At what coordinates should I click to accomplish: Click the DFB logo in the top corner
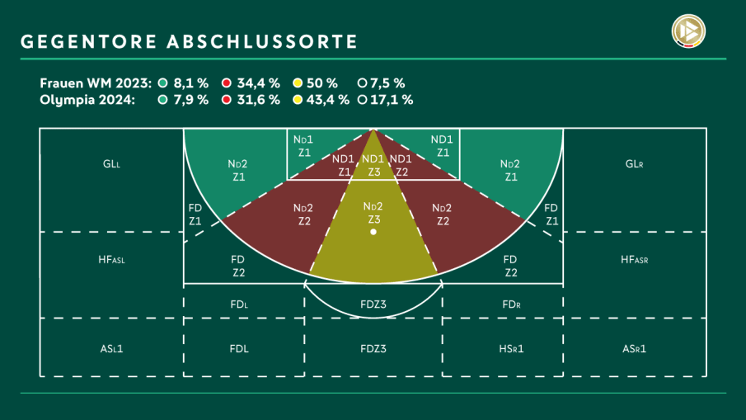click(x=690, y=32)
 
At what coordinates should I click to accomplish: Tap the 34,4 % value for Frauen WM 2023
click(x=258, y=83)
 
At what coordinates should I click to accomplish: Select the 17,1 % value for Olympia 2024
click(x=392, y=100)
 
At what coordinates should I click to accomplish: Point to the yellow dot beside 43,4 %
click(x=297, y=100)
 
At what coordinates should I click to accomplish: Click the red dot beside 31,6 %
click(x=226, y=100)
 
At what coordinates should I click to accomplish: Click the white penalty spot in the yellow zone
click(x=373, y=233)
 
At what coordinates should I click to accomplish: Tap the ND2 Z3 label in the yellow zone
click(x=373, y=213)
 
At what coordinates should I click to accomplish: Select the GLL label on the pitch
click(x=111, y=164)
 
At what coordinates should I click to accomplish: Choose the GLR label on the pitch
click(x=634, y=164)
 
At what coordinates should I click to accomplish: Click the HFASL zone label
click(x=111, y=259)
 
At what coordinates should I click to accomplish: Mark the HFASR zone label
click(x=634, y=259)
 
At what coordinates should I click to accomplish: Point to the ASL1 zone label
click(x=111, y=348)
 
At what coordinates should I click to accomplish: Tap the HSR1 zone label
click(x=511, y=348)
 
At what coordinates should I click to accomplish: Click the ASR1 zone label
click(x=634, y=348)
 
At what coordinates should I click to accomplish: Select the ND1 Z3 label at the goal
click(x=373, y=165)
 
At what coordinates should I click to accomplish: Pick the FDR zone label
click(x=511, y=304)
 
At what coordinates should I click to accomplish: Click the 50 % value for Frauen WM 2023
click(x=321, y=83)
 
